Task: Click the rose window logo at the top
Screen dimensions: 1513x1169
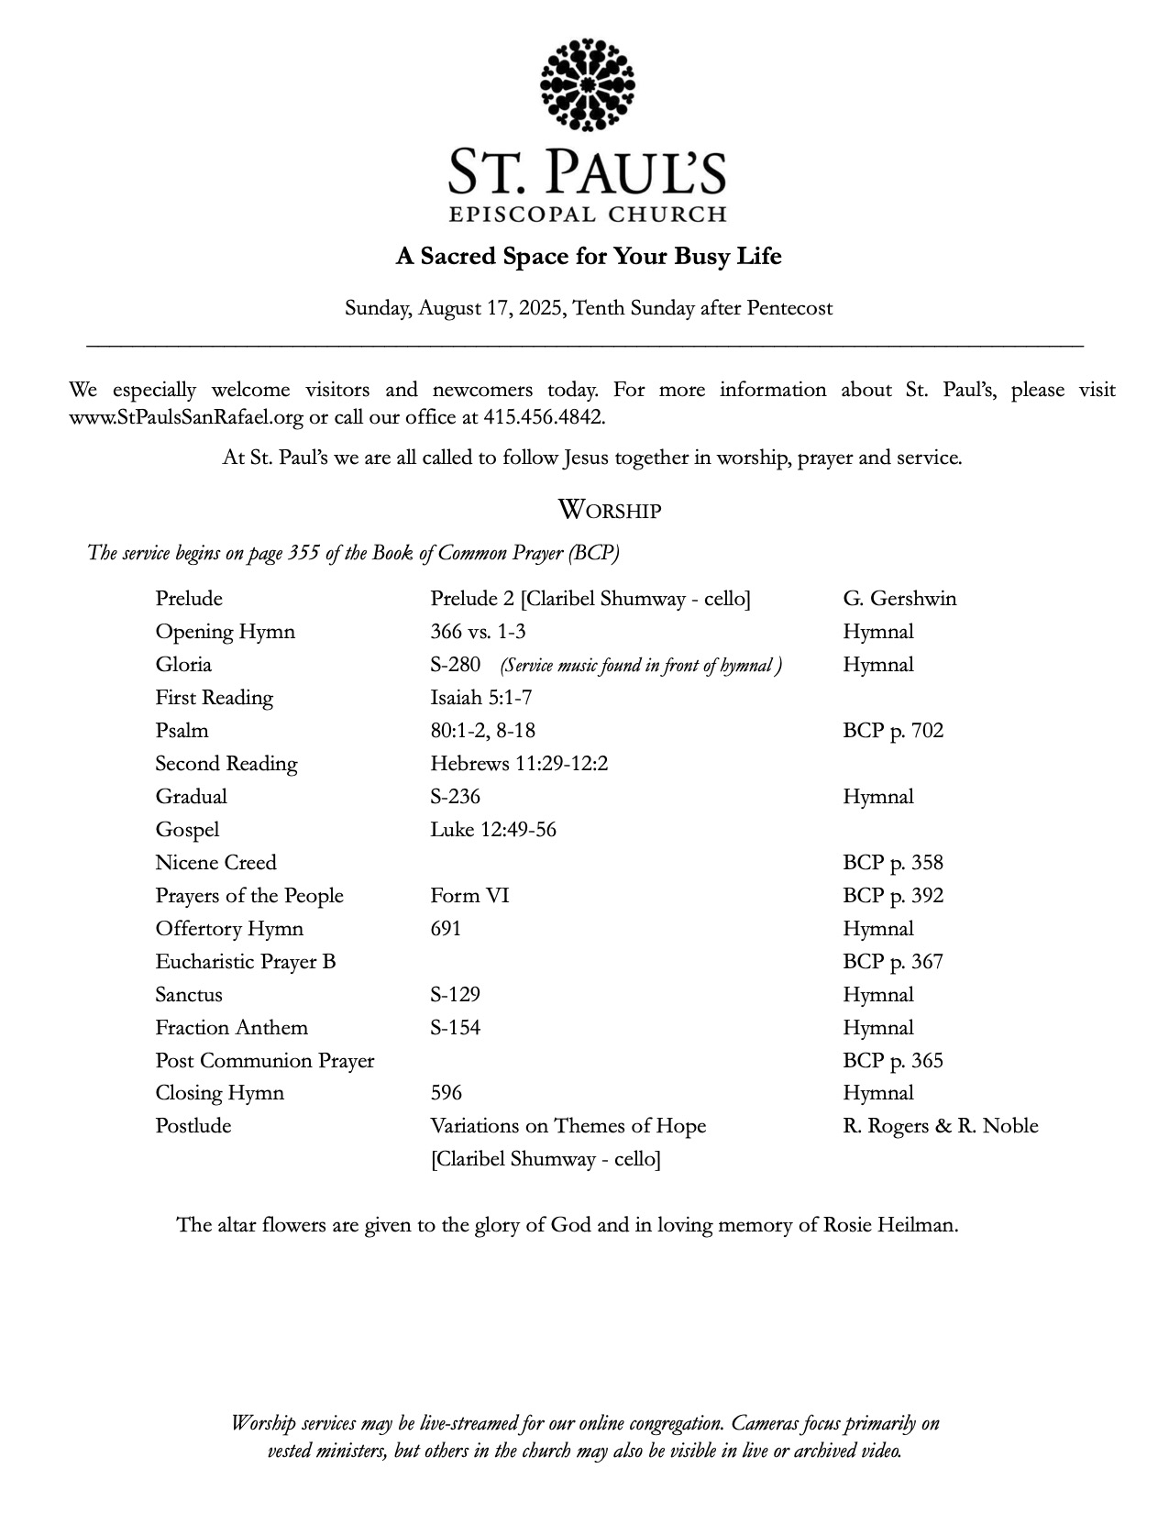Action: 588,84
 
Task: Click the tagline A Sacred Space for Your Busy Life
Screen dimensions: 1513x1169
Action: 588,256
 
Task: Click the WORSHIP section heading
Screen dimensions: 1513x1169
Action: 609,510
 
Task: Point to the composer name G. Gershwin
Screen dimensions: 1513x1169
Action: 899,599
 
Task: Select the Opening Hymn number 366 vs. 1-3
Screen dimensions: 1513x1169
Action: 478,632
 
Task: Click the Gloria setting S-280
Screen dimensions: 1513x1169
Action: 456,665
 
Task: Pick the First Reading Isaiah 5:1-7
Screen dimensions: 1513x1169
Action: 481,698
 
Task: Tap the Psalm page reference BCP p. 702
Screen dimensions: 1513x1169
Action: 893,731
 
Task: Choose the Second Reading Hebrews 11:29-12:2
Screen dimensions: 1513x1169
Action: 519,764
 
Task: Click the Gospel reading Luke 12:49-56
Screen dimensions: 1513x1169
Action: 493,830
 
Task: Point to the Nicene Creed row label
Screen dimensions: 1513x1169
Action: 215,863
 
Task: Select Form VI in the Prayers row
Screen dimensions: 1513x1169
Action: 469,896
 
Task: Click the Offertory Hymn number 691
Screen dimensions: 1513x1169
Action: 446,929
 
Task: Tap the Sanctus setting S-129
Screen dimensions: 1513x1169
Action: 456,995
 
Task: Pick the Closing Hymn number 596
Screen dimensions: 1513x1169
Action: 447,1093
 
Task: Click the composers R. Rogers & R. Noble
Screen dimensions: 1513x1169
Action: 941,1126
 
